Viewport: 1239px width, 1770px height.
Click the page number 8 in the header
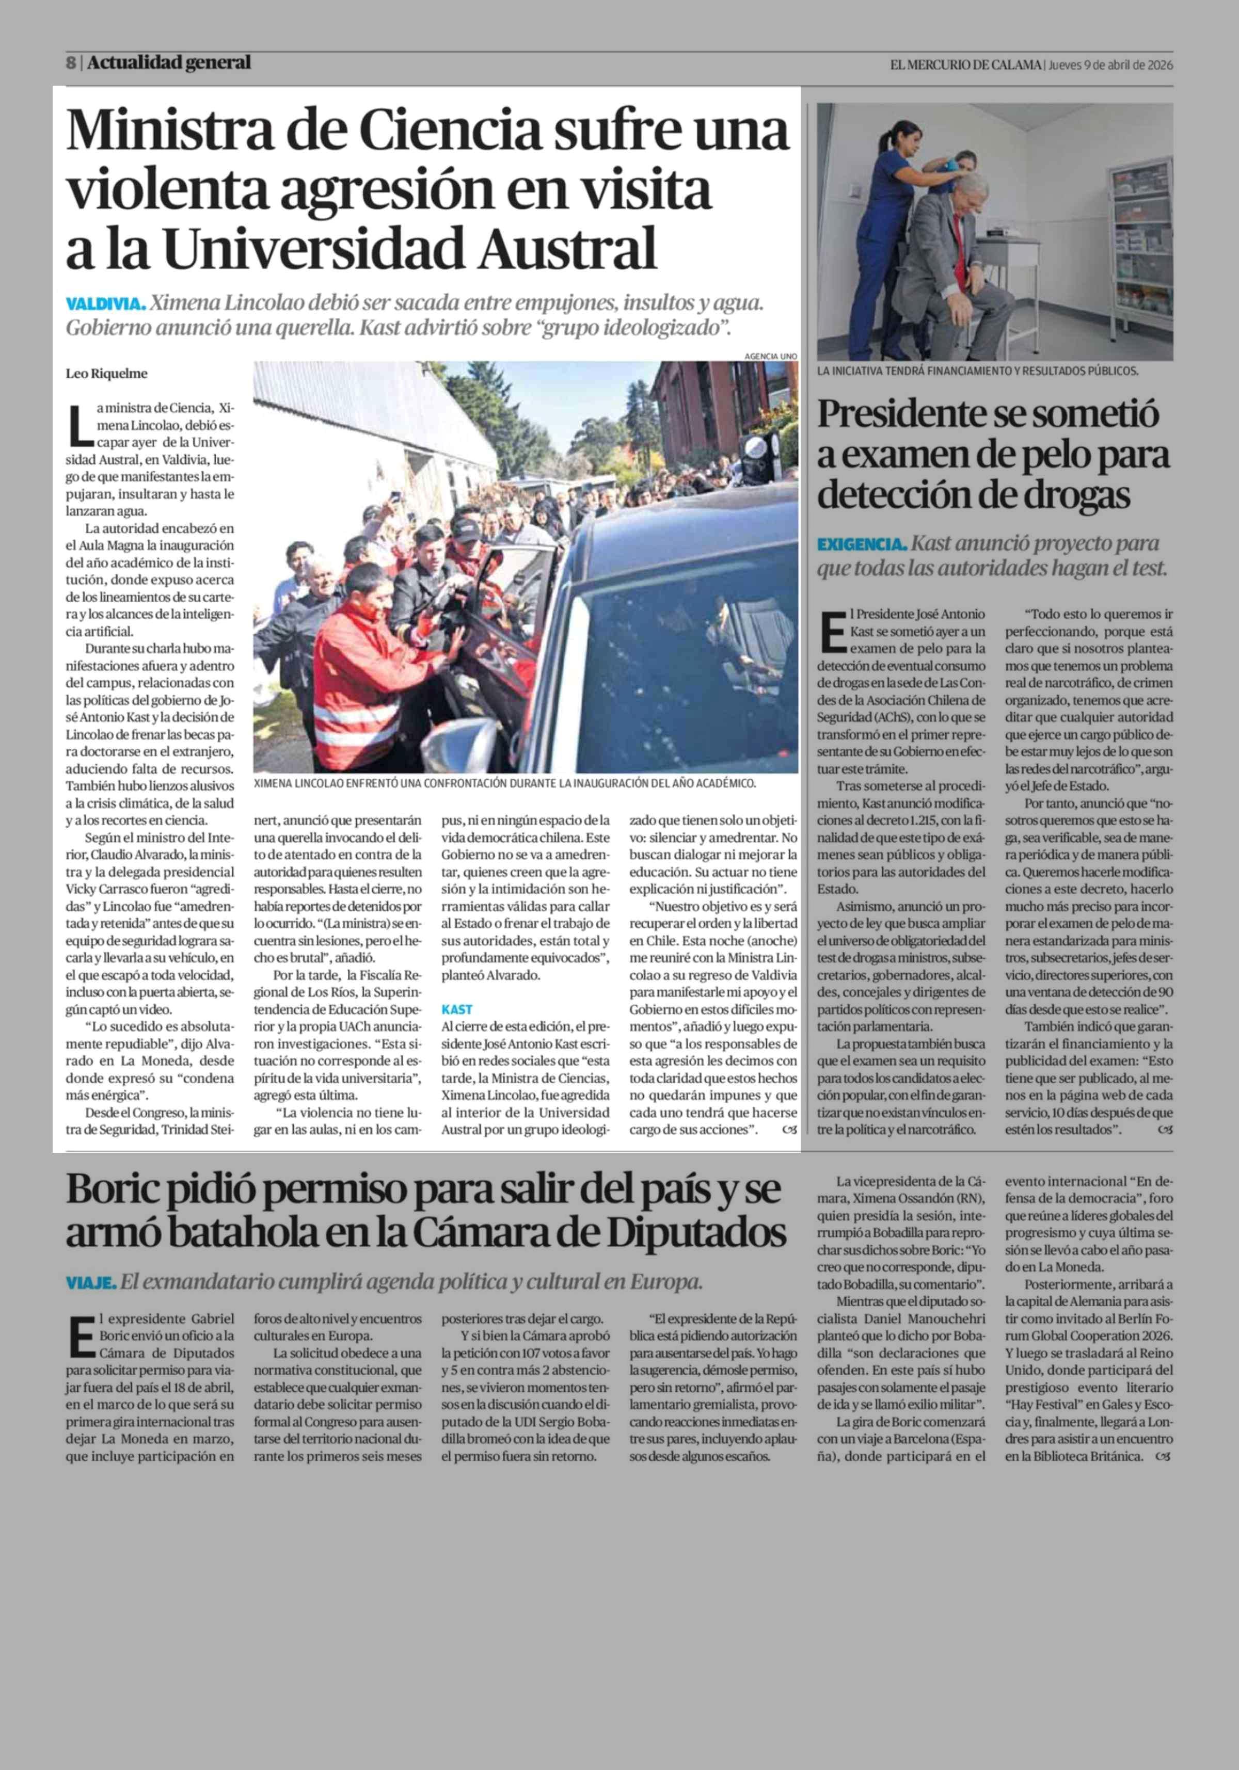[x=70, y=63]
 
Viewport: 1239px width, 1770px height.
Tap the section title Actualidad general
[x=169, y=63]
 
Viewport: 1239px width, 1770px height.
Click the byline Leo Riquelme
[x=106, y=374]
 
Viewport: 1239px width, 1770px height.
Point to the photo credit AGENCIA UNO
[x=770, y=356]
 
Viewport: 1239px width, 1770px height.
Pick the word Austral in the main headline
[x=567, y=248]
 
